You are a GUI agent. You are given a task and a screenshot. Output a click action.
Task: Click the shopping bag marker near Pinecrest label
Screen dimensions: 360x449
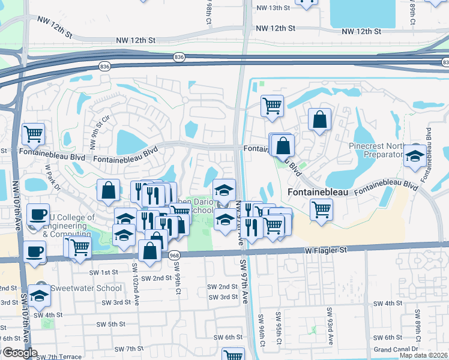[320, 119]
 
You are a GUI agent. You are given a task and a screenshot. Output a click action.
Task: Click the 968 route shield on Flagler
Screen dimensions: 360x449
[175, 255]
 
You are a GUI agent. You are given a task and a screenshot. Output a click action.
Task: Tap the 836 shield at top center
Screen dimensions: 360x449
[179, 56]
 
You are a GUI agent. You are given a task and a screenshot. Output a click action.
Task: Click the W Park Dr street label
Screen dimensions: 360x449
[52, 178]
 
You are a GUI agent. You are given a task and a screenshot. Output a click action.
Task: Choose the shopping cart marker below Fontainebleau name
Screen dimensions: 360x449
[322, 210]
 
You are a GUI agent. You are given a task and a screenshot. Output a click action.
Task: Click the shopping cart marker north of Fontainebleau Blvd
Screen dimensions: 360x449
[272, 106]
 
